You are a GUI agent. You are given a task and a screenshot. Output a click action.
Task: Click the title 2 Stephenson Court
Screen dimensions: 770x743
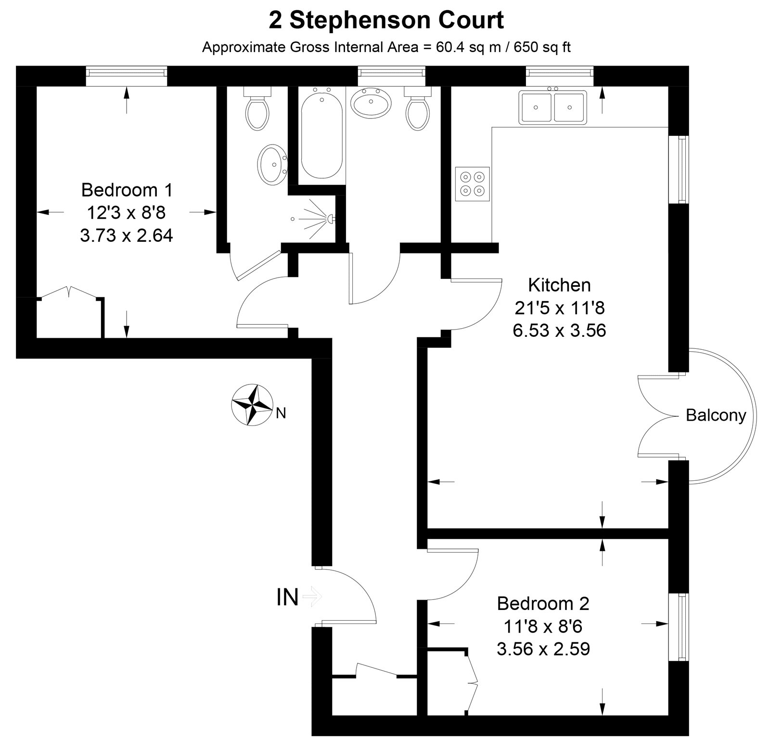(386, 20)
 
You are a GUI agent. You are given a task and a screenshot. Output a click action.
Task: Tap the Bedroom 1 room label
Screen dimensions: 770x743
(127, 190)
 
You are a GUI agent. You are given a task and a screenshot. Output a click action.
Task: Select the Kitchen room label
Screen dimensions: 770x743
(559, 285)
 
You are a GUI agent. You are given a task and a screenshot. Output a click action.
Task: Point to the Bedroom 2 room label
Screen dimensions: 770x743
(543, 603)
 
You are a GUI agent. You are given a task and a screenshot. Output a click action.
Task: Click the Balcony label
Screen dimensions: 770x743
(716, 415)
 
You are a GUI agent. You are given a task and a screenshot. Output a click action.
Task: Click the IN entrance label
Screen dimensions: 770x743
(287, 597)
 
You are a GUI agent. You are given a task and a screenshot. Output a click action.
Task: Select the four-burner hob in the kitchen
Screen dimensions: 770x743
(472, 184)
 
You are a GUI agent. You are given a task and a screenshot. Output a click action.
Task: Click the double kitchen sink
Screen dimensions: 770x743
(553, 107)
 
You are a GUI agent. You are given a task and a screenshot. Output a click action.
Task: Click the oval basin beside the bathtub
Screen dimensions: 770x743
(371, 103)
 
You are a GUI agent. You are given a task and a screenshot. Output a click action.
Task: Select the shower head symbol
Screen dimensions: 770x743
(330, 218)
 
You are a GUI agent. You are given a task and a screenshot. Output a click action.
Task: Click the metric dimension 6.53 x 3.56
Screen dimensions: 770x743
(559, 331)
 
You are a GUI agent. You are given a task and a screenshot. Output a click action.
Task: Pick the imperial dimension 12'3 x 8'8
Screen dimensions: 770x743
(127, 212)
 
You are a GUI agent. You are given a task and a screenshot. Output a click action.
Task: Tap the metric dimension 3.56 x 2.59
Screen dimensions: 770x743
(543, 649)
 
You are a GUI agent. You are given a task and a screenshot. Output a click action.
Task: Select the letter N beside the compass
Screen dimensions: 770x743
(281, 413)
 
